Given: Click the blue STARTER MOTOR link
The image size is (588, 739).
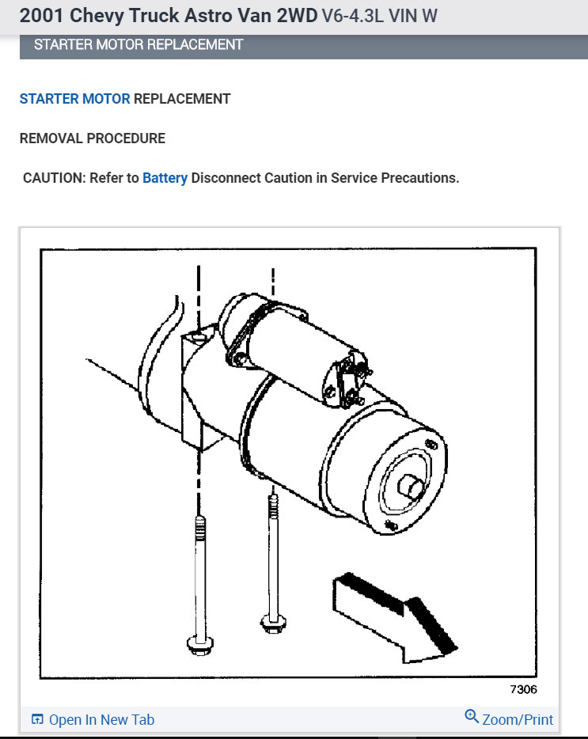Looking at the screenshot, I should click(x=74, y=99).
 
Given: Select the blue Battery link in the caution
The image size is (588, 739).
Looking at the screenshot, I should click(x=165, y=178).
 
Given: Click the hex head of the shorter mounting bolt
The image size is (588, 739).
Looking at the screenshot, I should click(x=273, y=623).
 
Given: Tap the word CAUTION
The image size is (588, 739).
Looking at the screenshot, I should click(x=53, y=178).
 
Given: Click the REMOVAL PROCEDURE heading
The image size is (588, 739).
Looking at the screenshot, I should click(x=92, y=138).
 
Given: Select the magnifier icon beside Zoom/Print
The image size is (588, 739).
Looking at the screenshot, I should click(x=472, y=717).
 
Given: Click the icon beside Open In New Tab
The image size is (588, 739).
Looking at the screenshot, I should click(x=37, y=719).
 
